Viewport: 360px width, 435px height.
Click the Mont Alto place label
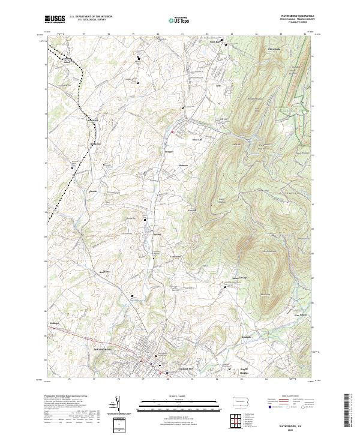point(197,140)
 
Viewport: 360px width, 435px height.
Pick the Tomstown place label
point(175,256)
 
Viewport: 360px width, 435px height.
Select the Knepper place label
point(169,152)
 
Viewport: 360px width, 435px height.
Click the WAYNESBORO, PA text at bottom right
point(289,420)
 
